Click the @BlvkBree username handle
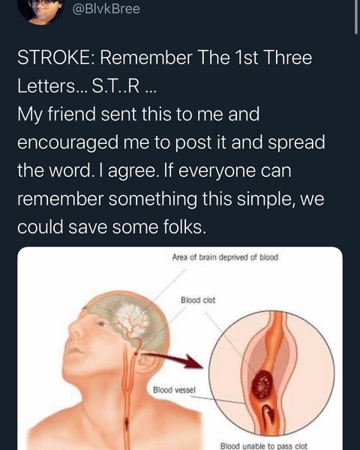pos(106,8)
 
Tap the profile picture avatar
pos(41,10)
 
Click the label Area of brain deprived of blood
pos(225,257)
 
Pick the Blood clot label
pos(198,300)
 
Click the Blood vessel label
pos(174,390)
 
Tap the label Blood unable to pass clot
pos(264,446)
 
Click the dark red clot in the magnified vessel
pos(262,384)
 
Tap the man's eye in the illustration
pos(101,324)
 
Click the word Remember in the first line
pos(145,58)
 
